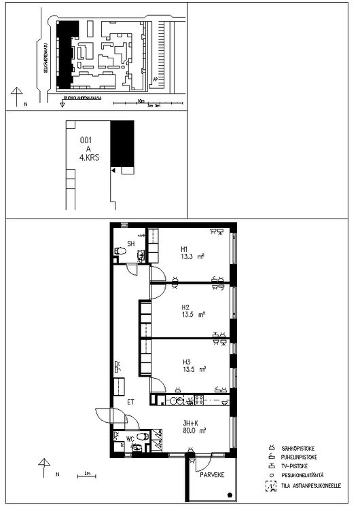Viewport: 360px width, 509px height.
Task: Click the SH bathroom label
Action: tap(131, 244)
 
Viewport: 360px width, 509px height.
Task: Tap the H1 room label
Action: tap(184, 248)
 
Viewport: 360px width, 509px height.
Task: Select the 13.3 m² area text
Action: tap(192, 256)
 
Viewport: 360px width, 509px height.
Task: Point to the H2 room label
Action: tap(185, 306)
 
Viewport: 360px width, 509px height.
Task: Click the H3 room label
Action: tap(185, 362)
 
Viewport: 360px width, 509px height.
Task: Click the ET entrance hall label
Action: tap(131, 402)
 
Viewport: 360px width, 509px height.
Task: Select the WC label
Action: tap(130, 439)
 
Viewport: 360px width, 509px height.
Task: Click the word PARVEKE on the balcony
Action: tap(212, 476)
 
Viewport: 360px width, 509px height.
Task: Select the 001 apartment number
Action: tap(86, 140)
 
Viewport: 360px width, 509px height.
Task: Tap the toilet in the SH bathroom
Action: tap(120, 252)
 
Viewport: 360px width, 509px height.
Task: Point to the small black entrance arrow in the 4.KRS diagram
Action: tap(113, 170)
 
